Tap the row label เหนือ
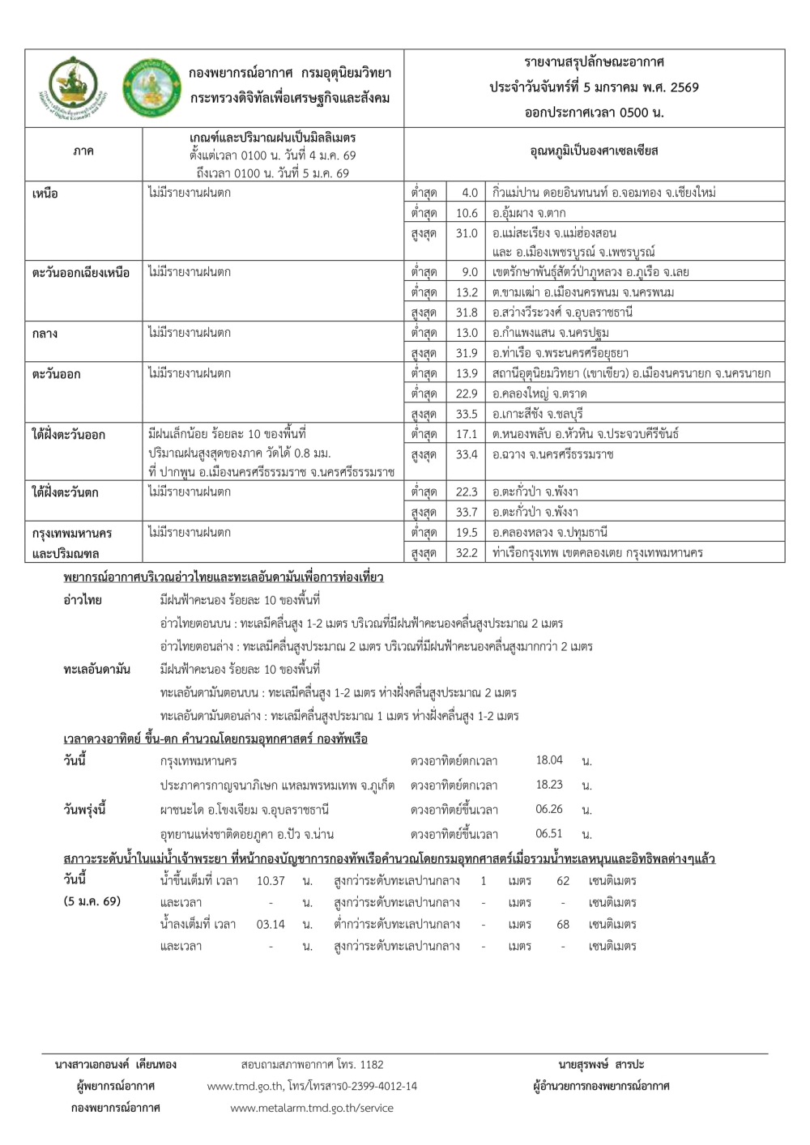pyautogui.click(x=45, y=194)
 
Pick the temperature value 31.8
pyautogui.click(x=467, y=313)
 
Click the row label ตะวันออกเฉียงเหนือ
pyautogui.click(x=81, y=273)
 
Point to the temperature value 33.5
pyautogui.click(x=467, y=414)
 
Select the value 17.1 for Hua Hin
pyautogui.click(x=467, y=434)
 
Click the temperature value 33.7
pyautogui.click(x=467, y=512)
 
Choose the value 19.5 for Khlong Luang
pyautogui.click(x=467, y=532)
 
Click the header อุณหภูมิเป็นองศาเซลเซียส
pyautogui.click(x=594, y=151)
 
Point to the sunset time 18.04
pyautogui.click(x=549, y=760)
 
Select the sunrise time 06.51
pyautogui.click(x=549, y=833)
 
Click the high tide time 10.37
pyautogui.click(x=271, y=881)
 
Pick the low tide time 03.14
pyautogui.click(x=271, y=924)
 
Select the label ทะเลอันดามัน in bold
pyautogui.click(x=96, y=670)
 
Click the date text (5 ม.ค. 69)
pyautogui.click(x=92, y=901)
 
